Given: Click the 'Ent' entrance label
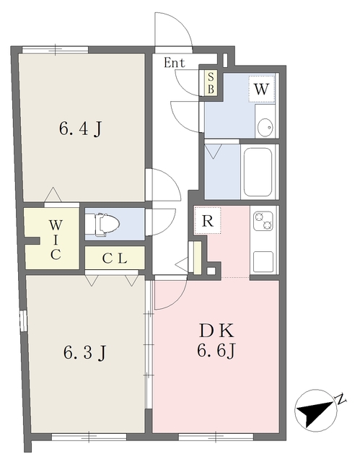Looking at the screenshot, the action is (175, 63).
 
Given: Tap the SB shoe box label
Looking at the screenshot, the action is (211, 83).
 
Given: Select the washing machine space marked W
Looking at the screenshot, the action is (261, 89).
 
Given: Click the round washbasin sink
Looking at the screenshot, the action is (265, 127).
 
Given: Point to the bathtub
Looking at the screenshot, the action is (258, 172).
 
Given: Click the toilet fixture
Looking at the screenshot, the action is (102, 225).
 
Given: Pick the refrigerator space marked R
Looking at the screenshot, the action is (208, 220).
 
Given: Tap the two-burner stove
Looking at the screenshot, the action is (263, 221).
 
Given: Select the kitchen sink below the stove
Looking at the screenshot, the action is (263, 262).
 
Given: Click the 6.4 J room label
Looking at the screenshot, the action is (81, 129).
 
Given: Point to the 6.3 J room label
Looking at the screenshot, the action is (84, 353).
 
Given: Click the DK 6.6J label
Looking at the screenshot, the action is (216, 341).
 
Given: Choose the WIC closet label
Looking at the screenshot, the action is (56, 240).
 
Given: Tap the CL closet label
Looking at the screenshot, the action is (115, 258).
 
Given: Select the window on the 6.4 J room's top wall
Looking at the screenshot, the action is (56, 50).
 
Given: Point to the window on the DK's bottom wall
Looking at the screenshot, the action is (216, 437).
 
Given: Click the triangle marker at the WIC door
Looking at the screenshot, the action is (53, 194).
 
